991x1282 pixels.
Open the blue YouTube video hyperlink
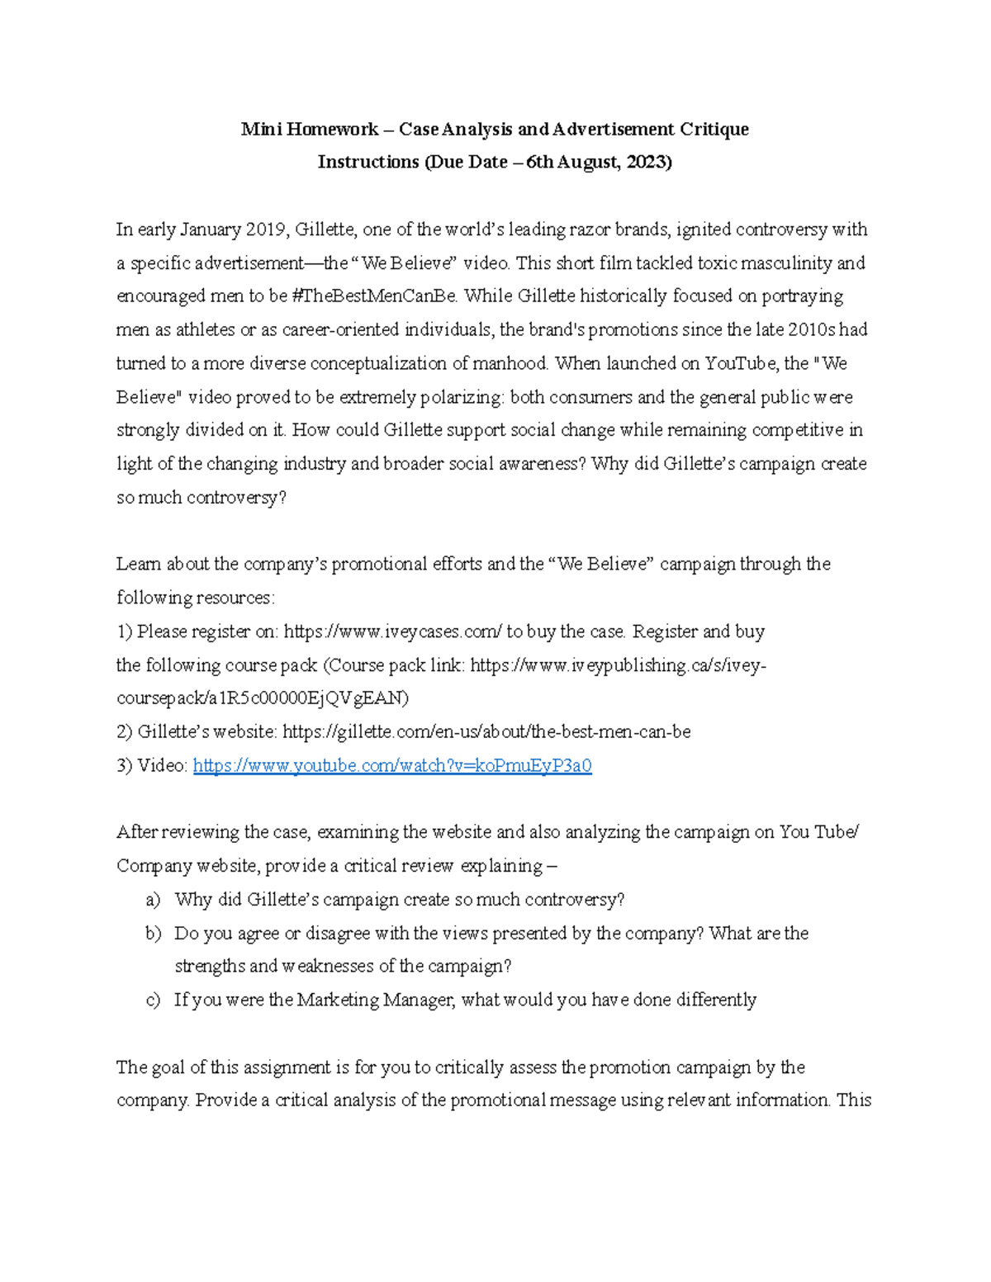(x=392, y=766)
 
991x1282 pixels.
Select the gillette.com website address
(x=486, y=732)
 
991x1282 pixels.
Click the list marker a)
(x=153, y=900)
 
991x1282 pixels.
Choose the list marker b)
(x=153, y=934)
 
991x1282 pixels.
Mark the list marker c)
(x=153, y=1001)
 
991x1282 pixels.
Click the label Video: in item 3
(x=163, y=766)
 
